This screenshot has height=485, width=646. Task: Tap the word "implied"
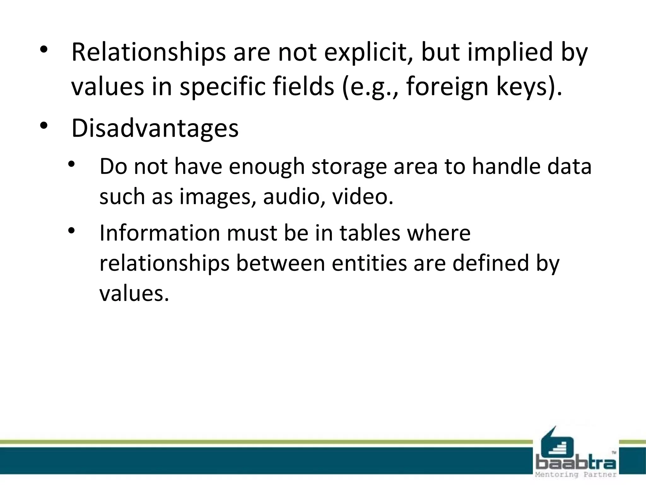[x=510, y=52]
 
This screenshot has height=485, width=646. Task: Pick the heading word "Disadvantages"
[x=155, y=128]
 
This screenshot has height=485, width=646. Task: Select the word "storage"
[x=349, y=166]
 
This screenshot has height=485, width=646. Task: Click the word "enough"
[x=266, y=166]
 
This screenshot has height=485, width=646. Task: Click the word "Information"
[x=160, y=233]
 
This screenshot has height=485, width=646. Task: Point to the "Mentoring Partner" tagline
[x=576, y=474]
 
